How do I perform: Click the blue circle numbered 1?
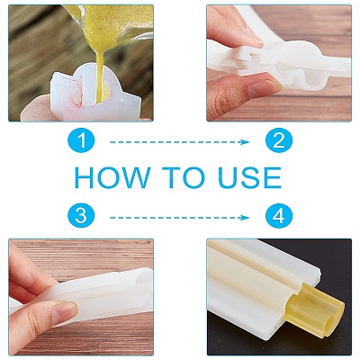point(81,140)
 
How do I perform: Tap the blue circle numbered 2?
point(279,140)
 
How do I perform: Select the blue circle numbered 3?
point(81,216)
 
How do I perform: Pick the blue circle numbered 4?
point(279,216)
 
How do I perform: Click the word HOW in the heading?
point(112,177)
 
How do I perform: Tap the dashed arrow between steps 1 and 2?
point(179,142)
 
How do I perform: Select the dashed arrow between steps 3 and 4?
point(179,218)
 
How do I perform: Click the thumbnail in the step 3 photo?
point(64,312)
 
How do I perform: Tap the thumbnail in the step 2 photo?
point(264,88)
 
